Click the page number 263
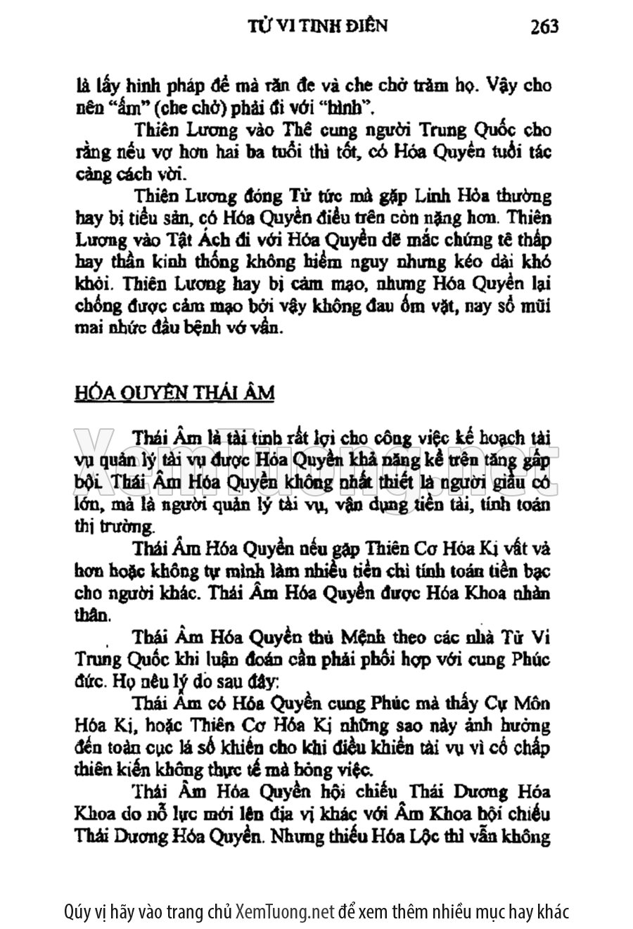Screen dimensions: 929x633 pos(544,27)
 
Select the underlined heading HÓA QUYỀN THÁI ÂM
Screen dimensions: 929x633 pos(174,392)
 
